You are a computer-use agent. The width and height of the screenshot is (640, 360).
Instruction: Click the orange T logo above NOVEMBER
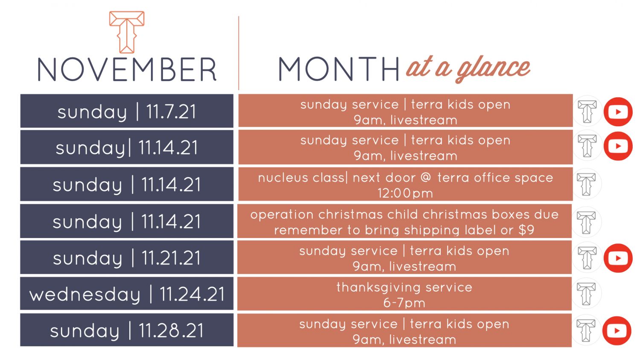pos(127,32)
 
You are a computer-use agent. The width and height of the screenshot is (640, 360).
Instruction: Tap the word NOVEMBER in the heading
pos(127,70)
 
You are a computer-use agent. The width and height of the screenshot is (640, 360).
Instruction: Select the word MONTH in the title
pos(339,69)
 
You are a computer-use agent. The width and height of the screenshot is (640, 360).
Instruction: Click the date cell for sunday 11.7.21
pos(127,111)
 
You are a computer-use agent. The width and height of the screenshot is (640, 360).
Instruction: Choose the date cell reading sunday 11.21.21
pos(127,258)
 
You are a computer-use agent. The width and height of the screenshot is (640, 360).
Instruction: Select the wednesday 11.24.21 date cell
pos(127,294)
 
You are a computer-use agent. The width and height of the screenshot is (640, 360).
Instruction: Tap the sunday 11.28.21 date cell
pos(127,330)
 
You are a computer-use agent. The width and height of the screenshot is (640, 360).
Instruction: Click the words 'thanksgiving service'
pos(404,287)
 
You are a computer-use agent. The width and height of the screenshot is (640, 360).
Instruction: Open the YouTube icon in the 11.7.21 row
pos(618,112)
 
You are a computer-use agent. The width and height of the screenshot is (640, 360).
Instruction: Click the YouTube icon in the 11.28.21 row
pos(617,331)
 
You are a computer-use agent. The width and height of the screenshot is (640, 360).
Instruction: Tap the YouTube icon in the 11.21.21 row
pos(618,258)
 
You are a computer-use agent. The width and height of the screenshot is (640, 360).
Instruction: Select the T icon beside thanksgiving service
pos(586,293)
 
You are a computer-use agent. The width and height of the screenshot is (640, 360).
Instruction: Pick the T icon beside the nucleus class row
pos(586,184)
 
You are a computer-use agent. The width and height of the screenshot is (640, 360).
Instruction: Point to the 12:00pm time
pos(405,193)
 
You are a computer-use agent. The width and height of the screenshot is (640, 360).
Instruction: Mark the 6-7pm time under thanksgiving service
pos(404,303)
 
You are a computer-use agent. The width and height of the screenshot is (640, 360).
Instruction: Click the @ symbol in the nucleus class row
pos(426,177)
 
